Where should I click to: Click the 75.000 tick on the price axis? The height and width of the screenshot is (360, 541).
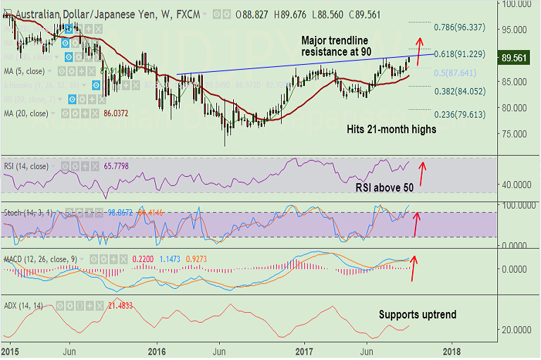tap(515, 134)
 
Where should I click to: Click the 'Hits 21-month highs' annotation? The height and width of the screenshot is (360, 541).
tap(392, 130)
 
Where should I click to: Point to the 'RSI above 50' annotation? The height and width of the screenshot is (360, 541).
tap(383, 187)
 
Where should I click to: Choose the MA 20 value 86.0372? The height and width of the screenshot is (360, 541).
tap(117, 113)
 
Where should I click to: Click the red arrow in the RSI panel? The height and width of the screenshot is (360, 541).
tap(423, 170)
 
